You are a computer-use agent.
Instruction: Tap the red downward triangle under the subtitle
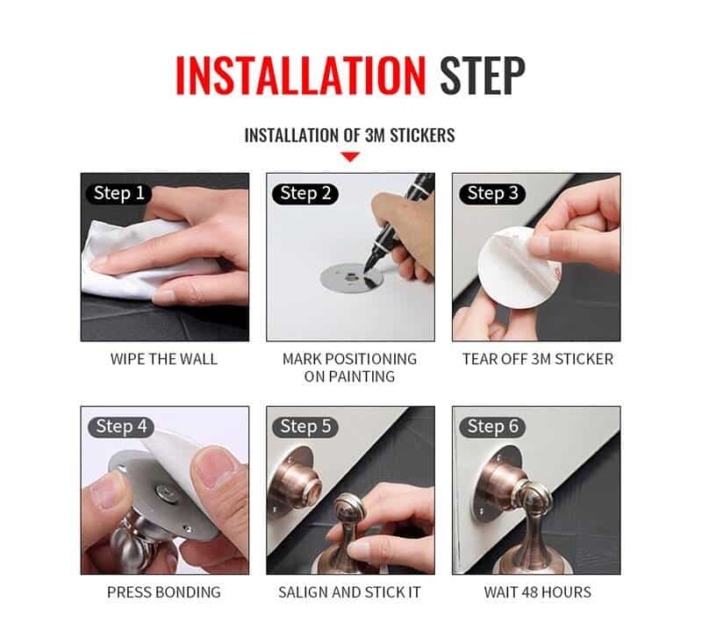click(350, 157)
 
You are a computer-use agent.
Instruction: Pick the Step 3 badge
click(491, 193)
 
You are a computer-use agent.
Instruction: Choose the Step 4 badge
click(121, 426)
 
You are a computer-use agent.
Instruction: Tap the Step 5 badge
click(305, 426)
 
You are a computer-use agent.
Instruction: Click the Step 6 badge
click(491, 426)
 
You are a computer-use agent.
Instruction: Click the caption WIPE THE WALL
click(164, 359)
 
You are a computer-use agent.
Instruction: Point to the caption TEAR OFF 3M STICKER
click(537, 359)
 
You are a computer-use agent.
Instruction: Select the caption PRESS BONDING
click(164, 592)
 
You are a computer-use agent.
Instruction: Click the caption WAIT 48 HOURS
click(537, 592)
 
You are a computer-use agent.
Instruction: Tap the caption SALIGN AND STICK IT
click(350, 592)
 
